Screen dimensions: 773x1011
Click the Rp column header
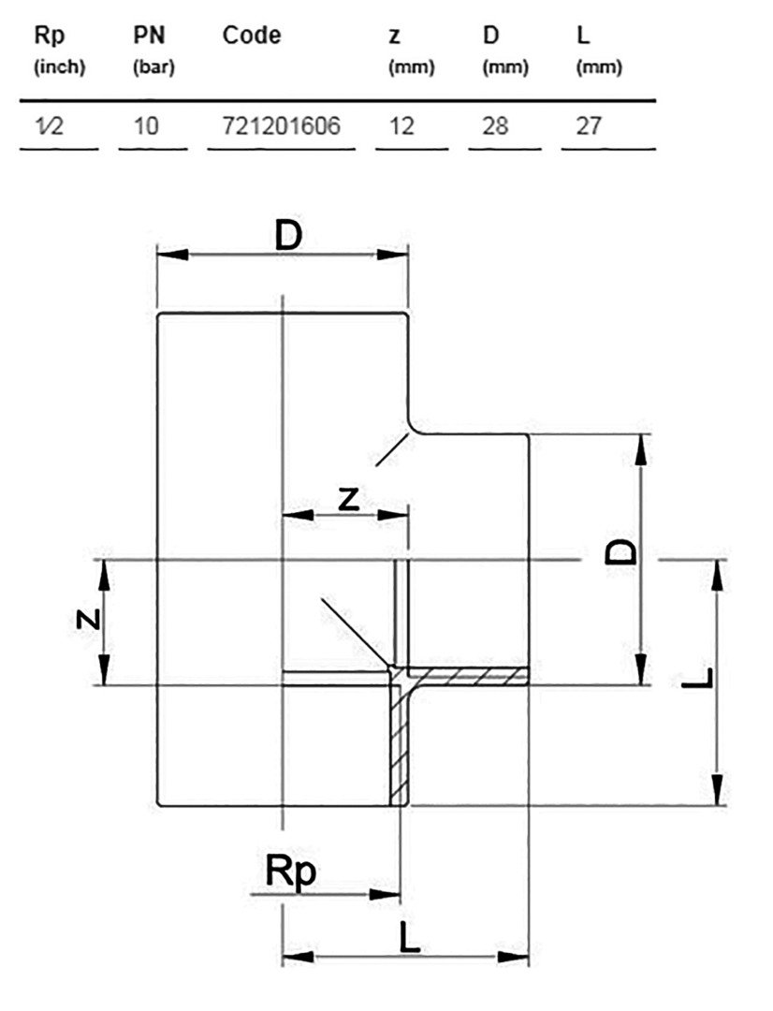click(x=50, y=37)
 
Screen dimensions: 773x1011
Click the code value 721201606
click(x=281, y=125)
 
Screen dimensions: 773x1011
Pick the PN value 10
click(x=146, y=125)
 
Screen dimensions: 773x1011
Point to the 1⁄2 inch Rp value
click(x=49, y=125)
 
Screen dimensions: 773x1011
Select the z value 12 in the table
click(x=401, y=125)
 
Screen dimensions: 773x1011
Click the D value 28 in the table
click(x=495, y=125)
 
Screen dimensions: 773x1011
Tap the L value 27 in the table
click(x=589, y=125)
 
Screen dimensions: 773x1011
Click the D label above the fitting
click(x=288, y=236)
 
